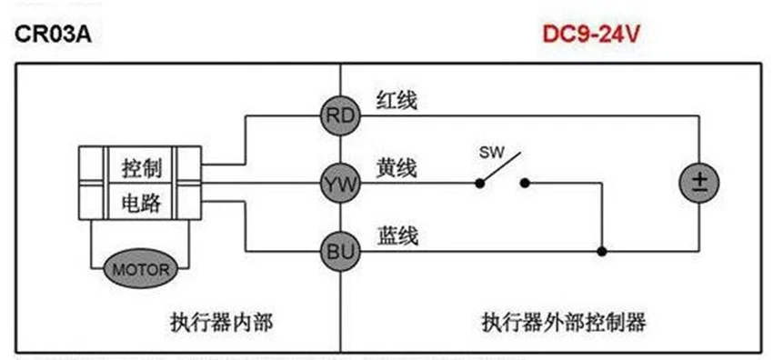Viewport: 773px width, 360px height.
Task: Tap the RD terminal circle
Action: (x=340, y=115)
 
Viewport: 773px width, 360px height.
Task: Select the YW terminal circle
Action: (x=340, y=184)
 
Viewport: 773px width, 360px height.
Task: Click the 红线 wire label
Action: (x=397, y=100)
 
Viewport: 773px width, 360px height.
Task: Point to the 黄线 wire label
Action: (x=397, y=169)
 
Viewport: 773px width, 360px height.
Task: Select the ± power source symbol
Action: (x=699, y=182)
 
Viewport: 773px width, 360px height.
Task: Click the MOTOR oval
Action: (x=140, y=269)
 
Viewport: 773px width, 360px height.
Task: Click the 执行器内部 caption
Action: (x=221, y=322)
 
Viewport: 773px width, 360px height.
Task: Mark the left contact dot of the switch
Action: (x=478, y=183)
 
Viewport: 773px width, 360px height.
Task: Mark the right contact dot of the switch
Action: (x=525, y=183)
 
